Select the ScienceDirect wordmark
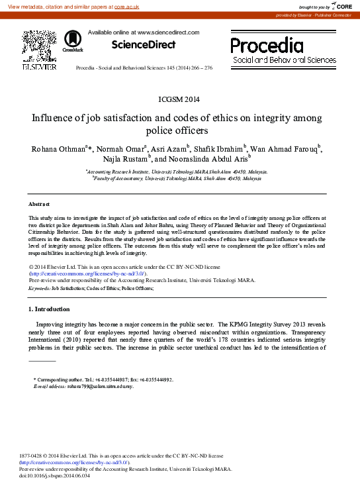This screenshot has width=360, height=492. point(144,44)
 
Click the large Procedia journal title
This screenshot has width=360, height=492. point(267,45)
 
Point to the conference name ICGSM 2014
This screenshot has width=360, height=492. point(179,99)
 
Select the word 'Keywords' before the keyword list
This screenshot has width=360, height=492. point(39,289)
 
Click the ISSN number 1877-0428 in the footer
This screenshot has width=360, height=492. point(32,456)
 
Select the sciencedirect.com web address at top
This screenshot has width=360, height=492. point(168,32)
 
